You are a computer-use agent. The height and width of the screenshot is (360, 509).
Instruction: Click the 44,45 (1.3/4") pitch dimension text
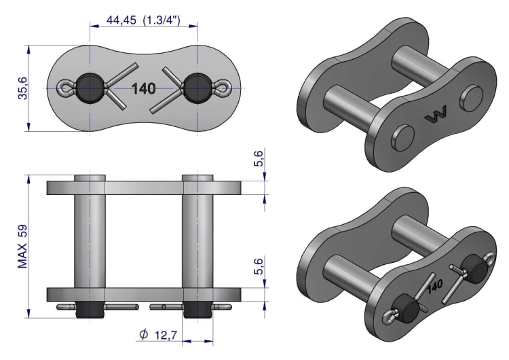143,20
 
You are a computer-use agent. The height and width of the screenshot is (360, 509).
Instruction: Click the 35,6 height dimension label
23,88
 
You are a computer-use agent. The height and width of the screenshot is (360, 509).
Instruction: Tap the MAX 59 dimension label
22,247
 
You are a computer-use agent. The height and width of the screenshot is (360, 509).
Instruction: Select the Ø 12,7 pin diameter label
158,334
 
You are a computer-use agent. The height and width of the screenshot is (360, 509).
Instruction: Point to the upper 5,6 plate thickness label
259,158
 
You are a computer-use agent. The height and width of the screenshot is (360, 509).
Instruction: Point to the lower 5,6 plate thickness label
259,266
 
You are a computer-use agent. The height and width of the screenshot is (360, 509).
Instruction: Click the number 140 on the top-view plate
143,89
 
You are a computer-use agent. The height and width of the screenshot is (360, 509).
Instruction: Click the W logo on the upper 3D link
436,114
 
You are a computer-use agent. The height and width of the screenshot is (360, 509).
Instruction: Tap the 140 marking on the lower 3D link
435,286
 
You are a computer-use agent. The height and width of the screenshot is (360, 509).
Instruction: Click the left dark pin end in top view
90,88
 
